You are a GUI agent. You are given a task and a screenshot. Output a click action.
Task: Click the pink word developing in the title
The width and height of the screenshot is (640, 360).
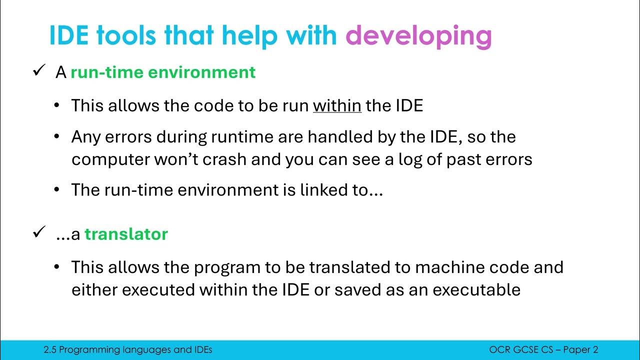tap(418, 36)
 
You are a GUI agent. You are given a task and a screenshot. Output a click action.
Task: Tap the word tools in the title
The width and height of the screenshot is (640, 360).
tap(132, 35)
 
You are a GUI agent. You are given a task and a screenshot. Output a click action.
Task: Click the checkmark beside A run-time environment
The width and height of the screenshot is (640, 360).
tap(39, 71)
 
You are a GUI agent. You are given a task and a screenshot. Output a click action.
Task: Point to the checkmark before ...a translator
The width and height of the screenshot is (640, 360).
tap(39, 233)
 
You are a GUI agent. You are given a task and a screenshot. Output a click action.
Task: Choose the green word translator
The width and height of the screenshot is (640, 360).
tap(126, 234)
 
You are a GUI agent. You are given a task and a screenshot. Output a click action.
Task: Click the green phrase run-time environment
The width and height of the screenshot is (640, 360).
tap(163, 72)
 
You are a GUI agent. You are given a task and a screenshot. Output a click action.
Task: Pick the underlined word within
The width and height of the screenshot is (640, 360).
tap(337, 105)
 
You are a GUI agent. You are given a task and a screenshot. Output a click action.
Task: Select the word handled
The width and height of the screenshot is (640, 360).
tap(367, 136)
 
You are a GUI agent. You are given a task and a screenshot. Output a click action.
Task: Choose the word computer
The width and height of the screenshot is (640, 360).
tap(105, 159)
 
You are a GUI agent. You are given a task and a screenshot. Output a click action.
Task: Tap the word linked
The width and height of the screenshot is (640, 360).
tap(315, 189)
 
